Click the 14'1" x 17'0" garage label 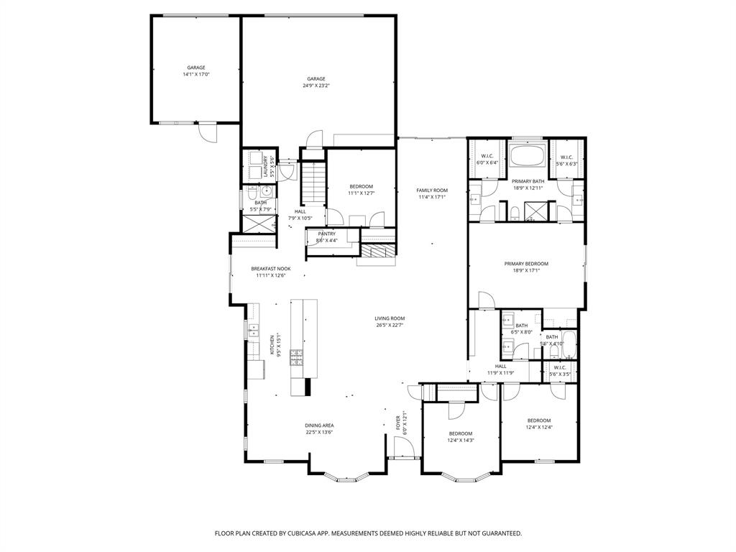click(196, 71)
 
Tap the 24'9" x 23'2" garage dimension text click(316, 86)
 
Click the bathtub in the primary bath click(528, 155)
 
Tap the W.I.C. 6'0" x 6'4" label click(487, 160)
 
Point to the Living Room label click(390, 321)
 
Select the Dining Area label click(319, 428)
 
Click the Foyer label click(399, 424)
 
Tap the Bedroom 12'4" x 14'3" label click(461, 436)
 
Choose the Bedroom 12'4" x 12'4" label click(539, 423)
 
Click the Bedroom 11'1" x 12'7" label click(361, 189)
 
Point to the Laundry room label click(265, 166)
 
